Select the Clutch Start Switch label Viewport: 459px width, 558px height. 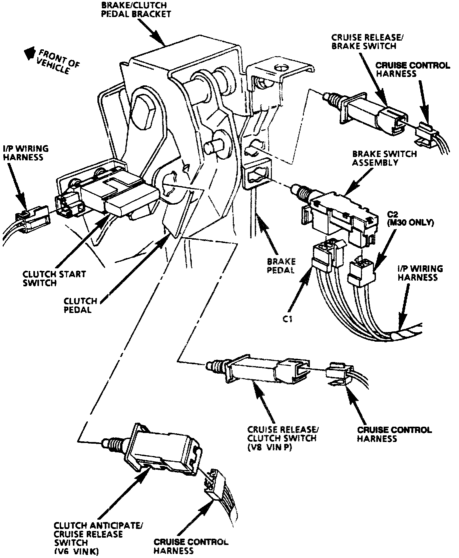click(54, 278)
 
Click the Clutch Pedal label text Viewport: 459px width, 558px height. click(80, 305)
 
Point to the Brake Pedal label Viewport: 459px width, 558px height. click(281, 266)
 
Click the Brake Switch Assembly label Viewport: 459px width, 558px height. click(384, 158)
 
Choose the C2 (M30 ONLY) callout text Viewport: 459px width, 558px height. click(410, 218)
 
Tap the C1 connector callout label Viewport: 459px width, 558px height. click(287, 319)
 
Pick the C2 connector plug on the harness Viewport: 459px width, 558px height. click(361, 270)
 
